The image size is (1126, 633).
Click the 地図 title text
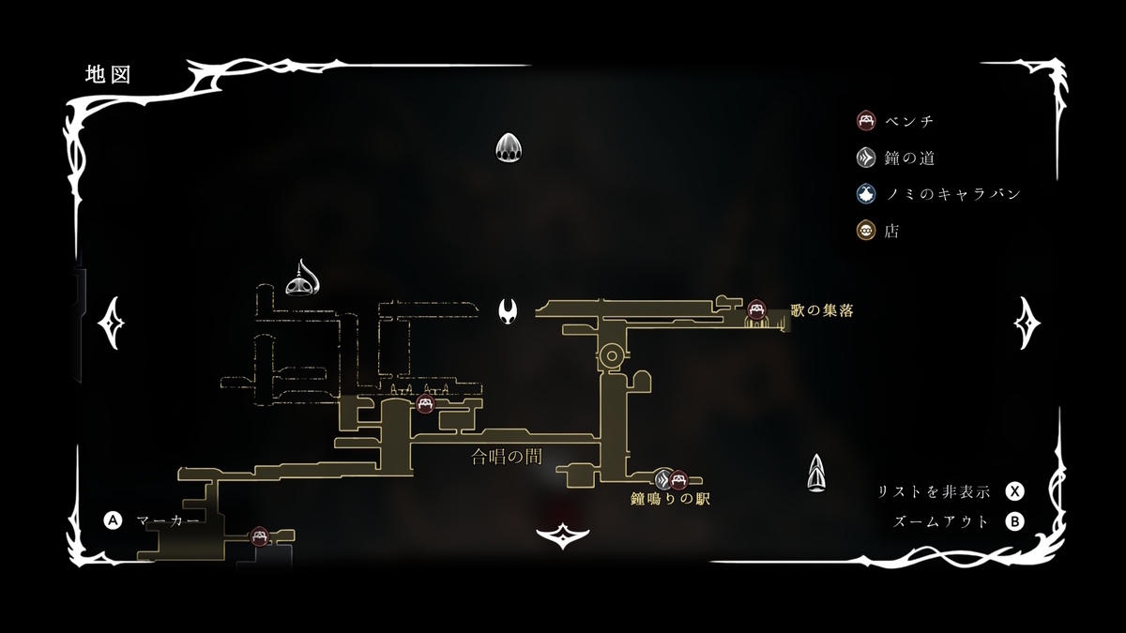(106, 74)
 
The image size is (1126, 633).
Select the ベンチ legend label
(908, 121)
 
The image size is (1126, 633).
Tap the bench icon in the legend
(866, 121)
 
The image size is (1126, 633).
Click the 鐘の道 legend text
(908, 158)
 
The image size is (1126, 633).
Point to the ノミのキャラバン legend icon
(866, 194)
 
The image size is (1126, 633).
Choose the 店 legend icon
(866, 231)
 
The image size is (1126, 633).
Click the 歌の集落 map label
(822, 310)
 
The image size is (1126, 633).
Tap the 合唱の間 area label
(507, 458)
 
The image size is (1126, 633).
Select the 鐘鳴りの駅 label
(670, 499)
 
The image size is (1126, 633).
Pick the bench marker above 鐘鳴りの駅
(678, 479)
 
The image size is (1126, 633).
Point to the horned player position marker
(509, 309)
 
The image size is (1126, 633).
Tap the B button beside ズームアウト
(1014, 522)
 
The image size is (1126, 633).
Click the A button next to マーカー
(114, 520)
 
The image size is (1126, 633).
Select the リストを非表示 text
(935, 491)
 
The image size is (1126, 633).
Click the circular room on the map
(612, 355)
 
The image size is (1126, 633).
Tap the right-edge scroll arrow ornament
(1027, 323)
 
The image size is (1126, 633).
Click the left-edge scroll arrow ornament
(113, 323)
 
